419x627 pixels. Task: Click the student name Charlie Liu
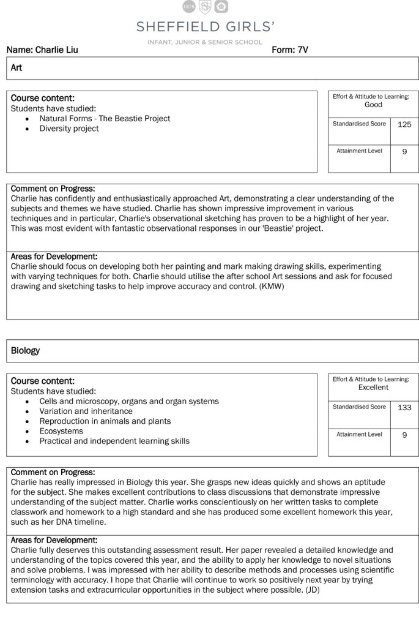57,50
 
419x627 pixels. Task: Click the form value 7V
302,50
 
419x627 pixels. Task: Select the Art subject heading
17,68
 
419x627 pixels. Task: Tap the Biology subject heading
26,351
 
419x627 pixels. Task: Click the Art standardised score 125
404,124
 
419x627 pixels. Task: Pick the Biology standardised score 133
404,407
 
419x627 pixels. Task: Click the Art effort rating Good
373,105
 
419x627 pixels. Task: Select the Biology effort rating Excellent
373,388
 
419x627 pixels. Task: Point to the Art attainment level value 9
404,151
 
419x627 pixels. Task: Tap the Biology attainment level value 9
404,434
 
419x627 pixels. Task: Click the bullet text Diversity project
69,129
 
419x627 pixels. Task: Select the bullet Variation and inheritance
86,411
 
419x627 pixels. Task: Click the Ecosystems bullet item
62,431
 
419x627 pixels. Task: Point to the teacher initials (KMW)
265,286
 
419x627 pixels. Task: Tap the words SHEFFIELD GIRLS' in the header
206,27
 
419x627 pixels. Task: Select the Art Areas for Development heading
54,257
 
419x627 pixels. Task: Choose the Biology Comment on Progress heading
53,472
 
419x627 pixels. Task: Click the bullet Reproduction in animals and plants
105,421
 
